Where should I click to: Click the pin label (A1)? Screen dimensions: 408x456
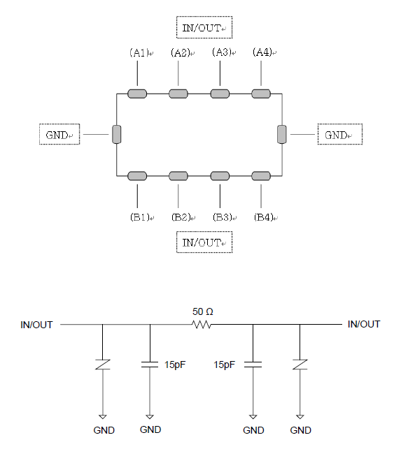pyautogui.click(x=139, y=52)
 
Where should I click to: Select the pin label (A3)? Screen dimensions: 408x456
pyautogui.click(x=222, y=52)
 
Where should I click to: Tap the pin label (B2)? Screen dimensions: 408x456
pyautogui.click(x=181, y=217)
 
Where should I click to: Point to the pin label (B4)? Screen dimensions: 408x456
pyautogui.click(x=263, y=217)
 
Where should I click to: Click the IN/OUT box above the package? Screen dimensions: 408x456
pyautogui.click(x=204, y=27)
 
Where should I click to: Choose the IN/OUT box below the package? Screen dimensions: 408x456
pyautogui.click(x=204, y=242)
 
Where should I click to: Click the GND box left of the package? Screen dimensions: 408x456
pyautogui.click(x=59, y=134)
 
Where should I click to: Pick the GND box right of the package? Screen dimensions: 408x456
pyautogui.click(x=340, y=134)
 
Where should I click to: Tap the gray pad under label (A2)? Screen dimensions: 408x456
pyautogui.click(x=178, y=94)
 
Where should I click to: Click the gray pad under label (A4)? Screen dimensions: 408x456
pyautogui.click(x=261, y=94)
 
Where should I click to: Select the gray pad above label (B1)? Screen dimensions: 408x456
pyautogui.click(x=137, y=176)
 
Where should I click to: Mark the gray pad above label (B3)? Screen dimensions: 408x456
pyautogui.click(x=220, y=176)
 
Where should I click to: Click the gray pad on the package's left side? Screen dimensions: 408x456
pyautogui.click(x=117, y=134)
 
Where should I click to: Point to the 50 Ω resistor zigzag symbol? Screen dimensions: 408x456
pyautogui.click(x=202, y=324)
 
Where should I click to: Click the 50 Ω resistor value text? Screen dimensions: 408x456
pyautogui.click(x=203, y=311)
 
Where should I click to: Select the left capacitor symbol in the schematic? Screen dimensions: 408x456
pyautogui.click(x=150, y=365)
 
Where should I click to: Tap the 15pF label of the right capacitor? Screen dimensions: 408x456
pyautogui.click(x=224, y=365)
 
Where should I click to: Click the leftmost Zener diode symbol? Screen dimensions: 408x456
pyautogui.click(x=103, y=365)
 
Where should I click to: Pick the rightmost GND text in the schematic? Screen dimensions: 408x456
pyautogui.click(x=300, y=430)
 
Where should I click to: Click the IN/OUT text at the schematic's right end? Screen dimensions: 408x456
pyautogui.click(x=364, y=324)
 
